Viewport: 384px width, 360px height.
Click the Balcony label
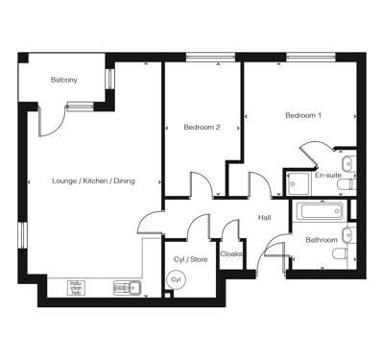tap(64, 80)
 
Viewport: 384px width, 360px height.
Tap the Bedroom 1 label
tap(303, 115)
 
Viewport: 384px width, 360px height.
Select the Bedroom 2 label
tap(202, 128)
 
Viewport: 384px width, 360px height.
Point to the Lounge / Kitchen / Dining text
tap(93, 181)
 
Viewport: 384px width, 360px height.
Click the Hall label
tap(265, 218)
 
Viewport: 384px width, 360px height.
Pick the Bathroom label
tap(322, 240)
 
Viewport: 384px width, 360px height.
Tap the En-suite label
tap(328, 176)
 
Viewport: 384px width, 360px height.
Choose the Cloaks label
tap(231, 254)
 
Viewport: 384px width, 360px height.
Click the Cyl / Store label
tap(190, 259)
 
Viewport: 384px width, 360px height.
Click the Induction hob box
tap(76, 288)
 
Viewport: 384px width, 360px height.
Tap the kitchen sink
tap(127, 288)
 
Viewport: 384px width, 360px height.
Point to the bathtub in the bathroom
tap(320, 210)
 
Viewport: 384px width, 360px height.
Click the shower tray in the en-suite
tap(299, 183)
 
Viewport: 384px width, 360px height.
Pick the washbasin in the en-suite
tap(348, 163)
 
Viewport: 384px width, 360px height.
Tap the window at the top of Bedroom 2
tap(210, 58)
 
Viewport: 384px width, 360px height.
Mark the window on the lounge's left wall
tap(23, 235)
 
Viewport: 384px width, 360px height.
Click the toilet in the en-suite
tap(347, 184)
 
